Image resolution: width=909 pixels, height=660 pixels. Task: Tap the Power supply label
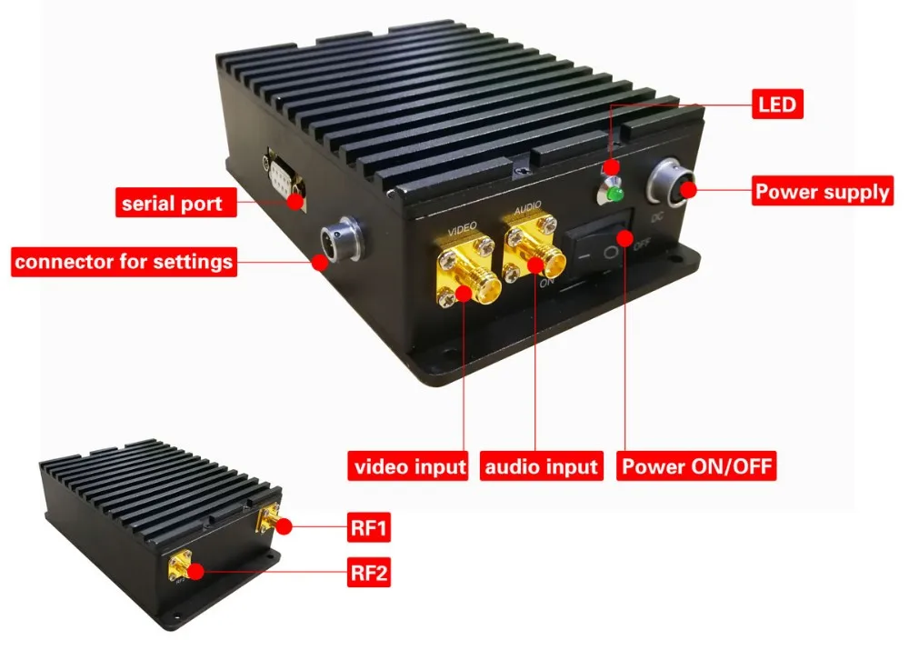click(x=822, y=192)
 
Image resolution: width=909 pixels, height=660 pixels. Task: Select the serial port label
click(x=172, y=202)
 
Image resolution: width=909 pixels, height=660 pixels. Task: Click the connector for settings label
click(x=124, y=263)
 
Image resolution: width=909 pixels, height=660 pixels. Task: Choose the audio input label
click(x=542, y=467)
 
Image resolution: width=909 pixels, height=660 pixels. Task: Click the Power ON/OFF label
click(x=697, y=467)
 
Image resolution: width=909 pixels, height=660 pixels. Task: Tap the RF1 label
click(x=369, y=526)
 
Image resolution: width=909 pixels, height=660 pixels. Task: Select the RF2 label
click(x=369, y=575)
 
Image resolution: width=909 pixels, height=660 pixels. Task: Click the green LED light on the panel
click(x=615, y=194)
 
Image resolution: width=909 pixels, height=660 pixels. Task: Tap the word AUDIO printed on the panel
click(x=528, y=208)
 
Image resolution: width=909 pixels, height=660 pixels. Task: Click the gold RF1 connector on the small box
click(x=269, y=520)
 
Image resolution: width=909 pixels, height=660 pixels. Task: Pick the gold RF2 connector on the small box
click(x=178, y=565)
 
